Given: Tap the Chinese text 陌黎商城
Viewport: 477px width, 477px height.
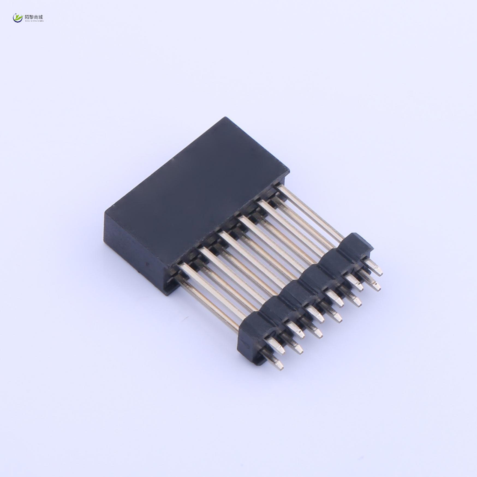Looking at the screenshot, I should [34, 17].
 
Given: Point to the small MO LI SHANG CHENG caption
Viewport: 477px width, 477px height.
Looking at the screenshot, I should [34, 21].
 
